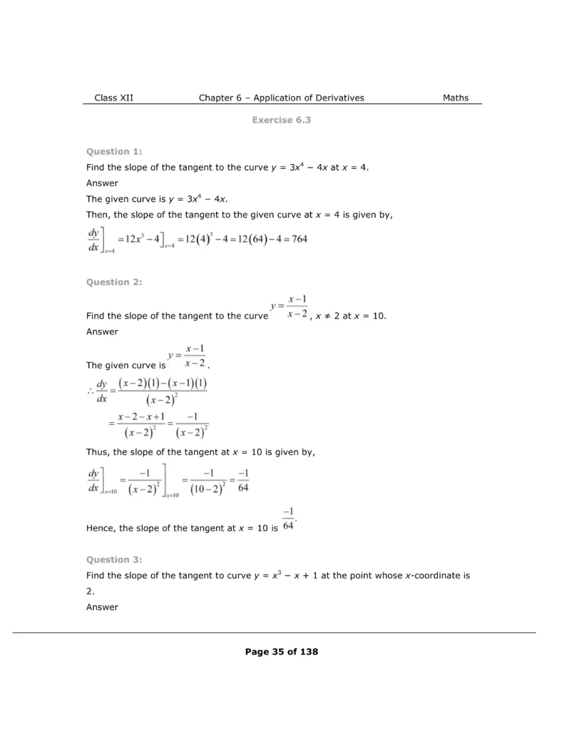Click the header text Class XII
pyautogui.click(x=113, y=98)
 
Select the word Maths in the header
pyautogui.click(x=456, y=98)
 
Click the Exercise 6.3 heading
pyautogui.click(x=281, y=120)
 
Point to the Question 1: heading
pyautogui.click(x=114, y=151)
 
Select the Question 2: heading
pyautogui.click(x=114, y=282)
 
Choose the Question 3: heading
pyautogui.click(x=114, y=560)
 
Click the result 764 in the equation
pyautogui.click(x=299, y=239)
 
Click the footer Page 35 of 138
pyautogui.click(x=281, y=652)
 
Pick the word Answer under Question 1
pyautogui.click(x=102, y=182)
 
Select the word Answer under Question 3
pyautogui.click(x=102, y=607)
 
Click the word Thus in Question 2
pyautogui.click(x=98, y=452)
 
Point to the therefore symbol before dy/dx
pyautogui.click(x=90, y=390)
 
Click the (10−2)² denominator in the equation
pyautogui.click(x=209, y=490)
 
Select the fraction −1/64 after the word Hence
pyautogui.click(x=288, y=519)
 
